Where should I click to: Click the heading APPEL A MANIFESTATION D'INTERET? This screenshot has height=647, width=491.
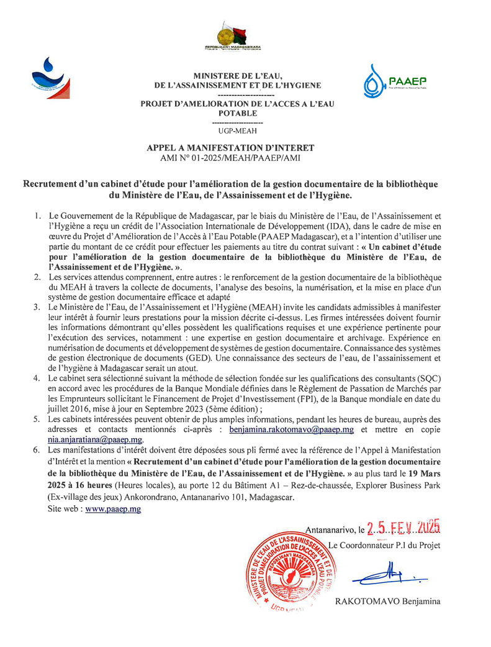point(230,148)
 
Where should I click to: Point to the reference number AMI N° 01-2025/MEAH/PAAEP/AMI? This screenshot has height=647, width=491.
point(230,158)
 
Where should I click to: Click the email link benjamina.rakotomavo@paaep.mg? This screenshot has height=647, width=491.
point(291,429)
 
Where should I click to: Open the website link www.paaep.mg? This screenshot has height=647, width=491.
point(113,508)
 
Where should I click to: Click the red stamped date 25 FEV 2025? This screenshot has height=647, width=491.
point(403,529)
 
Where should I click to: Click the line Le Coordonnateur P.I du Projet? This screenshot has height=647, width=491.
point(384,546)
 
